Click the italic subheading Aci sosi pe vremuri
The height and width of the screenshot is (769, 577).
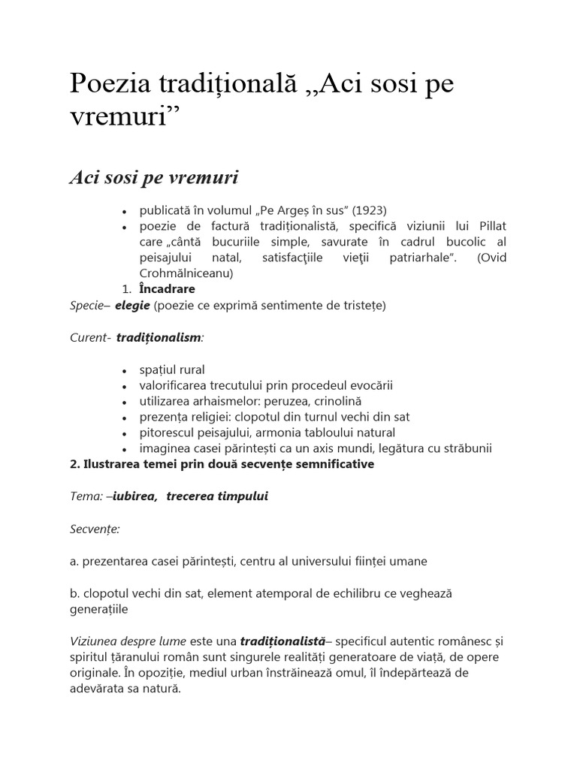point(154,177)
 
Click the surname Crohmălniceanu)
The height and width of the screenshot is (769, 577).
point(186,273)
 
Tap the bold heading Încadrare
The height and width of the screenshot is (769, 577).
point(167,289)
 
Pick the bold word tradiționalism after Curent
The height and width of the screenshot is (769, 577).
point(158,338)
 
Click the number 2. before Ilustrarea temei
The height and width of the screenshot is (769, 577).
point(74,464)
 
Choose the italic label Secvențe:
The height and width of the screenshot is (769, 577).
point(95,529)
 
